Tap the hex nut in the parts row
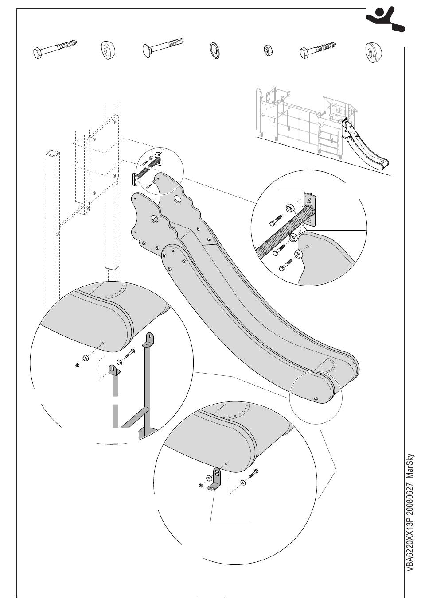point(268,50)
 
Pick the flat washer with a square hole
point(214,51)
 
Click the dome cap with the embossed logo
point(373,53)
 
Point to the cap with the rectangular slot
point(107,50)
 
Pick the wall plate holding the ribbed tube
point(310,209)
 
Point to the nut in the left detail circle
point(77,365)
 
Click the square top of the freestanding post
point(52,153)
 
